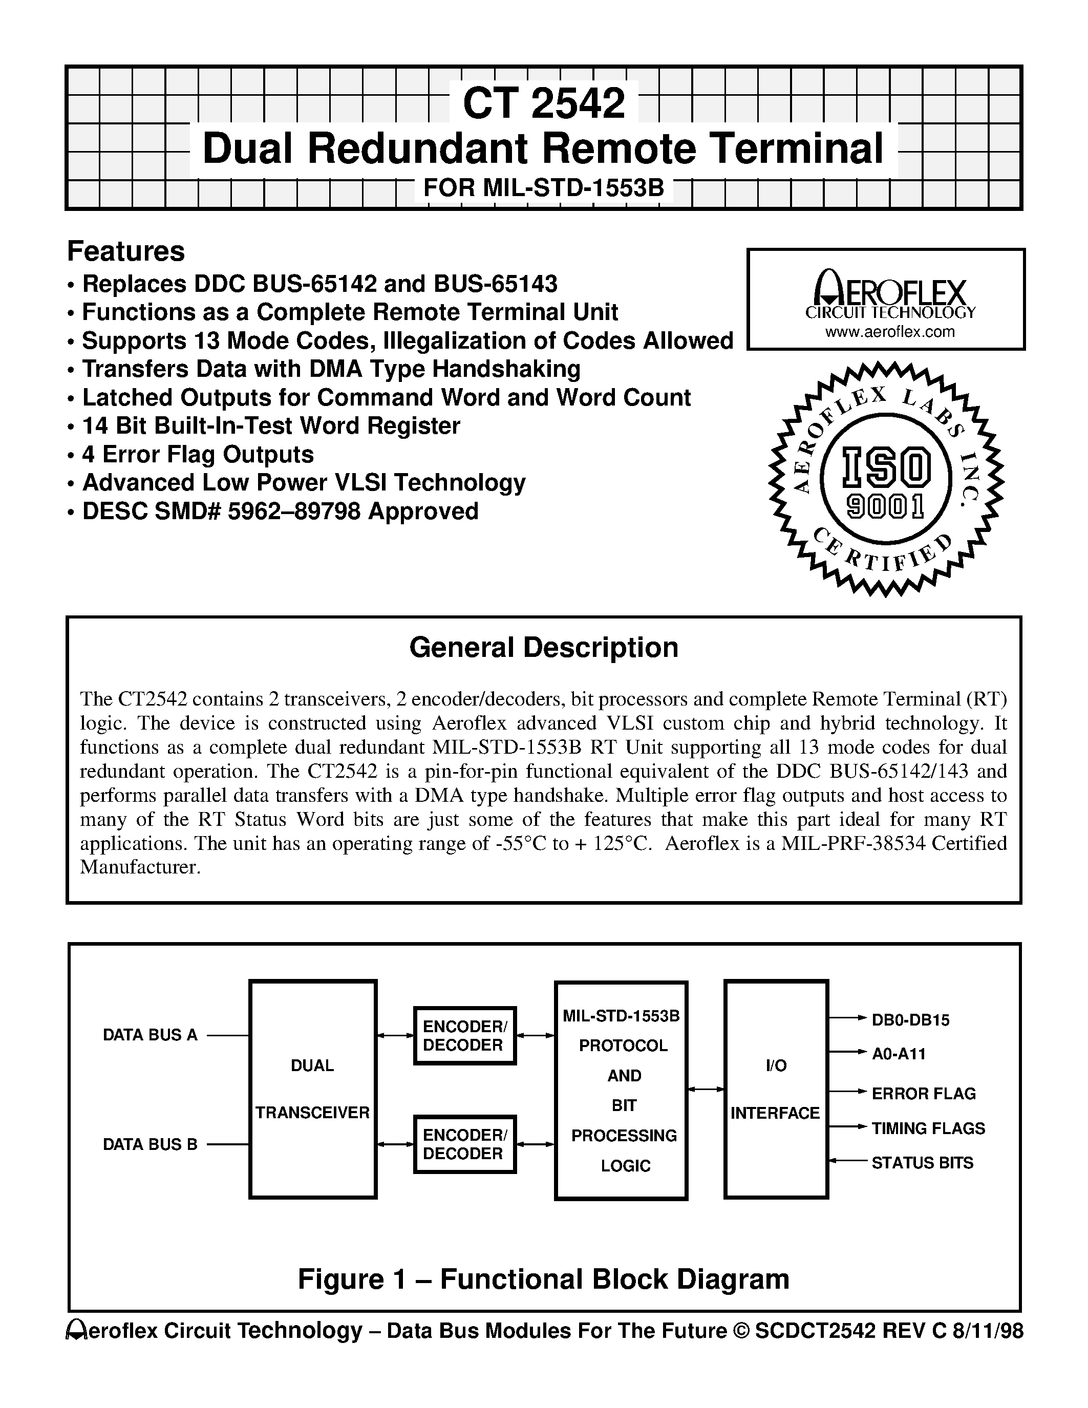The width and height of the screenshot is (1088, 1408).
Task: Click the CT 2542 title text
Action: [543, 103]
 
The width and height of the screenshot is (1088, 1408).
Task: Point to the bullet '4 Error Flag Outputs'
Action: [197, 455]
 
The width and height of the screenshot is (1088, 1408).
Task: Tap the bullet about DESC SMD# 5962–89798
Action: [280, 511]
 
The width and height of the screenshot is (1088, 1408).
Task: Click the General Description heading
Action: [543, 647]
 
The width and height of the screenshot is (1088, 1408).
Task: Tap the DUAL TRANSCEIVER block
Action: [313, 1089]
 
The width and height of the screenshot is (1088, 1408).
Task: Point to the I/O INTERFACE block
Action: [776, 1089]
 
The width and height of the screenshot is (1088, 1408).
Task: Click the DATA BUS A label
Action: [150, 1035]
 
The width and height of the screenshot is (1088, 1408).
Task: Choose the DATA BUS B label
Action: [150, 1144]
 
